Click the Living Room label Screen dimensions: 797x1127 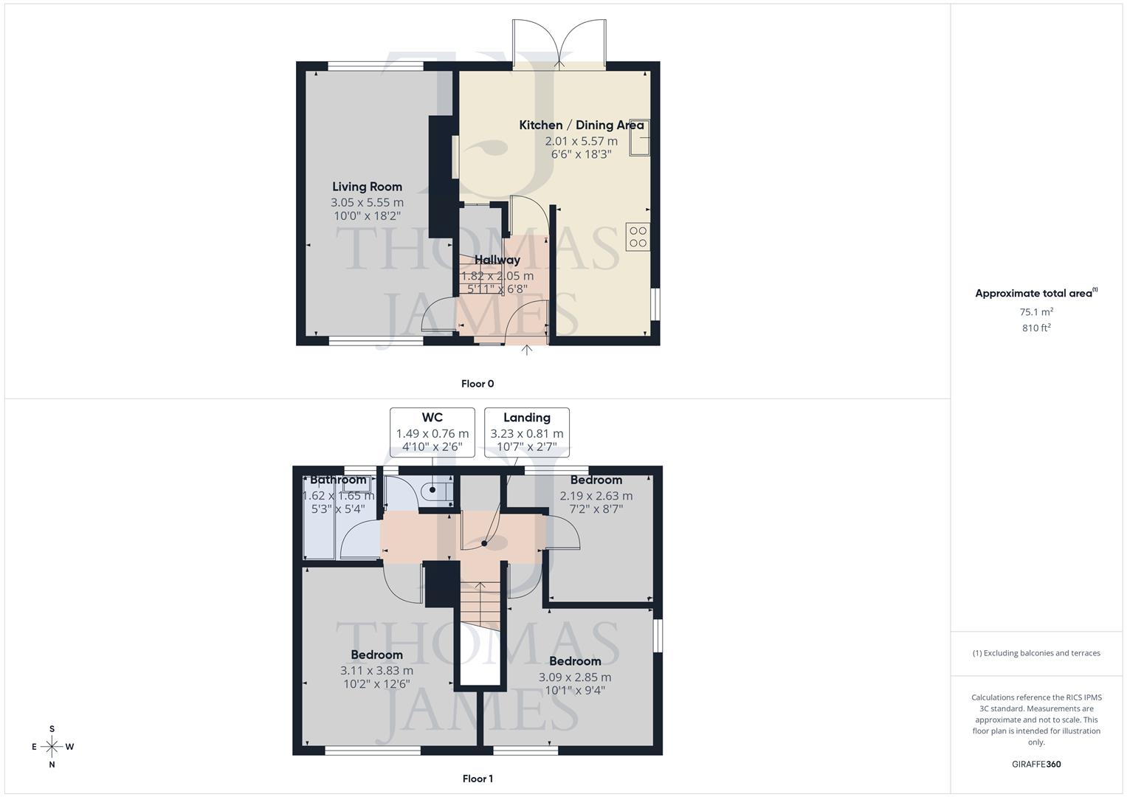(x=367, y=187)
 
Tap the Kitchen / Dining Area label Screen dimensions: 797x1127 (x=581, y=125)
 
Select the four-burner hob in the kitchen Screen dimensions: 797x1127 (x=638, y=237)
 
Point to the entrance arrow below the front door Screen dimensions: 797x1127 (x=526, y=350)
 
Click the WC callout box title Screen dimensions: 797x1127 (x=432, y=418)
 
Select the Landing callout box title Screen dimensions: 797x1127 (x=526, y=418)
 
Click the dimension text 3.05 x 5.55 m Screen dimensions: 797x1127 (x=367, y=202)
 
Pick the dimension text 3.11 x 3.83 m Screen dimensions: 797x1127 (x=376, y=671)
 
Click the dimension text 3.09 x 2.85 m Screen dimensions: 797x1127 (x=574, y=677)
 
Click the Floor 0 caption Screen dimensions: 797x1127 (x=478, y=384)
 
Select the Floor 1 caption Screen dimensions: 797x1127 (x=478, y=779)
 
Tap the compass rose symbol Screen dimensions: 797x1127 (x=52, y=747)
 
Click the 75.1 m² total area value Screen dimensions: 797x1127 (x=1036, y=312)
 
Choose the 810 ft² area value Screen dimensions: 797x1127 (x=1036, y=328)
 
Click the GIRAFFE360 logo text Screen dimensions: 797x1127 (x=1036, y=765)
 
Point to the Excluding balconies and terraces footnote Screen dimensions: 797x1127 (x=1036, y=653)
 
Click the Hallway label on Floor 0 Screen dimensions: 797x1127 (x=497, y=260)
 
